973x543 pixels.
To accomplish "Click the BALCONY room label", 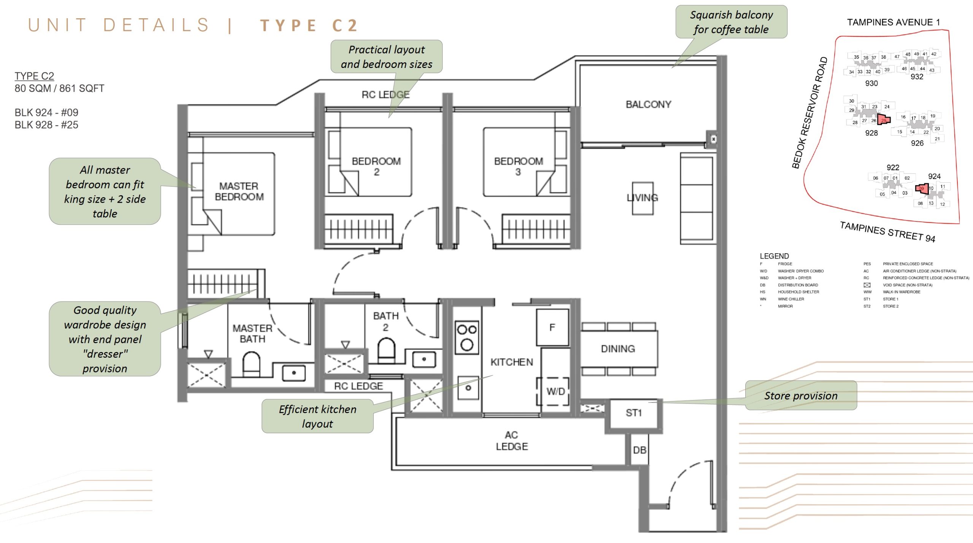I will (x=648, y=104).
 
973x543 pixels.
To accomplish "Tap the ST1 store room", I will (x=633, y=413).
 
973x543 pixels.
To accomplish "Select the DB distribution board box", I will (x=639, y=450).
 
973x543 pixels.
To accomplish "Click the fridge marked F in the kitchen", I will (x=552, y=327).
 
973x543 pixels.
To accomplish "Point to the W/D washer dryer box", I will (x=555, y=391).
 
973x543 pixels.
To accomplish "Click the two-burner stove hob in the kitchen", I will (x=467, y=337).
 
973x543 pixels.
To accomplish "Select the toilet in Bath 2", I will (x=387, y=349).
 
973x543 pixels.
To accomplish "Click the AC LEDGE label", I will (x=512, y=440).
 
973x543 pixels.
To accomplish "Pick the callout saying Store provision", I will (x=801, y=396).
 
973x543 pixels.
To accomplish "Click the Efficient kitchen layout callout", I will (x=317, y=416).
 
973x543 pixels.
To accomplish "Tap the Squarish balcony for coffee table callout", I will (x=731, y=22).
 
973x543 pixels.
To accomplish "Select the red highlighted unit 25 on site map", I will (x=884, y=120).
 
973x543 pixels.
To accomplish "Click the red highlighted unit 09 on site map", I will (x=922, y=188).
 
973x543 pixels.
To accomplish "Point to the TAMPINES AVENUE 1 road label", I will (x=893, y=22).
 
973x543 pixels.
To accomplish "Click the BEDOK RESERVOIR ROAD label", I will (x=810, y=113).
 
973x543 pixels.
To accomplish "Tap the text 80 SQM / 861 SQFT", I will (x=59, y=88).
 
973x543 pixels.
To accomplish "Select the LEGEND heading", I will (x=774, y=256).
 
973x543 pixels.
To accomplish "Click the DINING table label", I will (x=618, y=349).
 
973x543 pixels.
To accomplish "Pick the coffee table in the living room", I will (x=642, y=198).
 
